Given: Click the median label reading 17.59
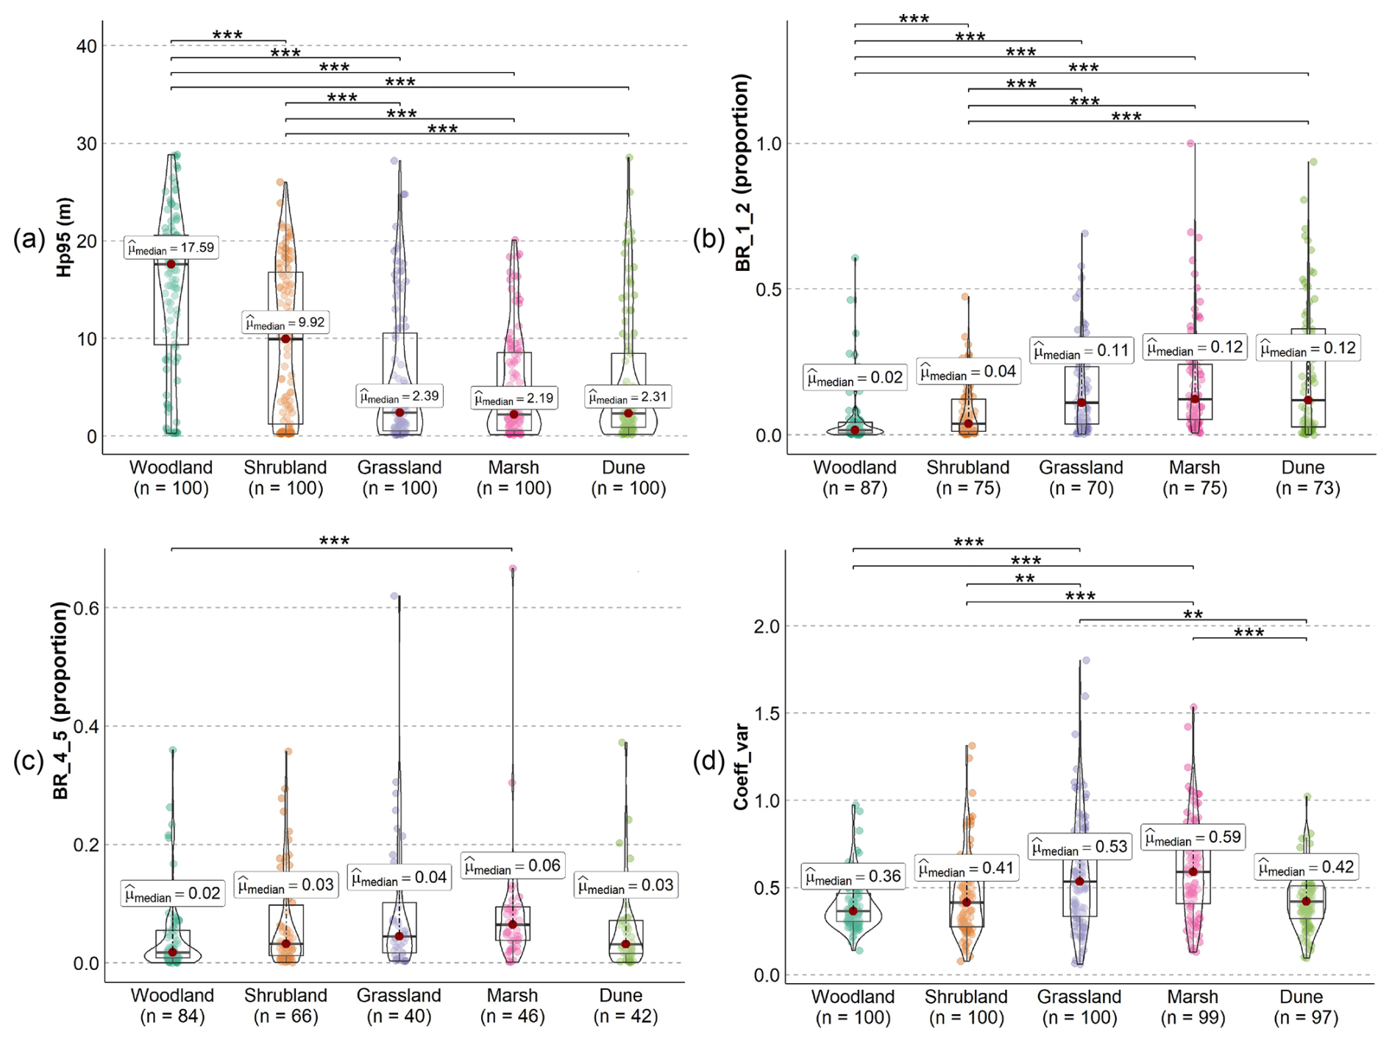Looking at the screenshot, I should click(x=171, y=248).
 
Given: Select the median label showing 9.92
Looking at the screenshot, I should click(x=285, y=323).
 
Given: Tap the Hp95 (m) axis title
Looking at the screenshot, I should click(x=65, y=237).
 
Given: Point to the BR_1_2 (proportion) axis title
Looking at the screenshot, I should click(x=743, y=172).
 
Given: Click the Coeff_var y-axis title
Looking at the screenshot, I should click(x=741, y=767).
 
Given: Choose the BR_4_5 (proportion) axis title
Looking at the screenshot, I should click(x=60, y=701).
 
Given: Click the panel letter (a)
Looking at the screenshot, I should click(x=29, y=239).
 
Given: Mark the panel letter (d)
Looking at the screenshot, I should click(x=709, y=761).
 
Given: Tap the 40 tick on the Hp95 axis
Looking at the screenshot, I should click(x=86, y=46).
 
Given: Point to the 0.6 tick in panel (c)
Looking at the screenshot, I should click(x=86, y=608).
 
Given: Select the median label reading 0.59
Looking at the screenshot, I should click(x=1193, y=837).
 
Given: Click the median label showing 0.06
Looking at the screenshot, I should click(x=512, y=866).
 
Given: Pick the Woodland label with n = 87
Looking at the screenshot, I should click(x=854, y=478).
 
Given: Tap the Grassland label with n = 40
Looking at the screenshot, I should click(x=399, y=1006).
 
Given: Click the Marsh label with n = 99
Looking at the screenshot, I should click(x=1193, y=1007).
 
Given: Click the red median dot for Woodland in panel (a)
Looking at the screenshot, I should click(x=171, y=264).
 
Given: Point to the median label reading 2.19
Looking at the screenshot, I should click(x=514, y=399).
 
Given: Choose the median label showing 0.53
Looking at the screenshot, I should click(x=1079, y=847).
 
